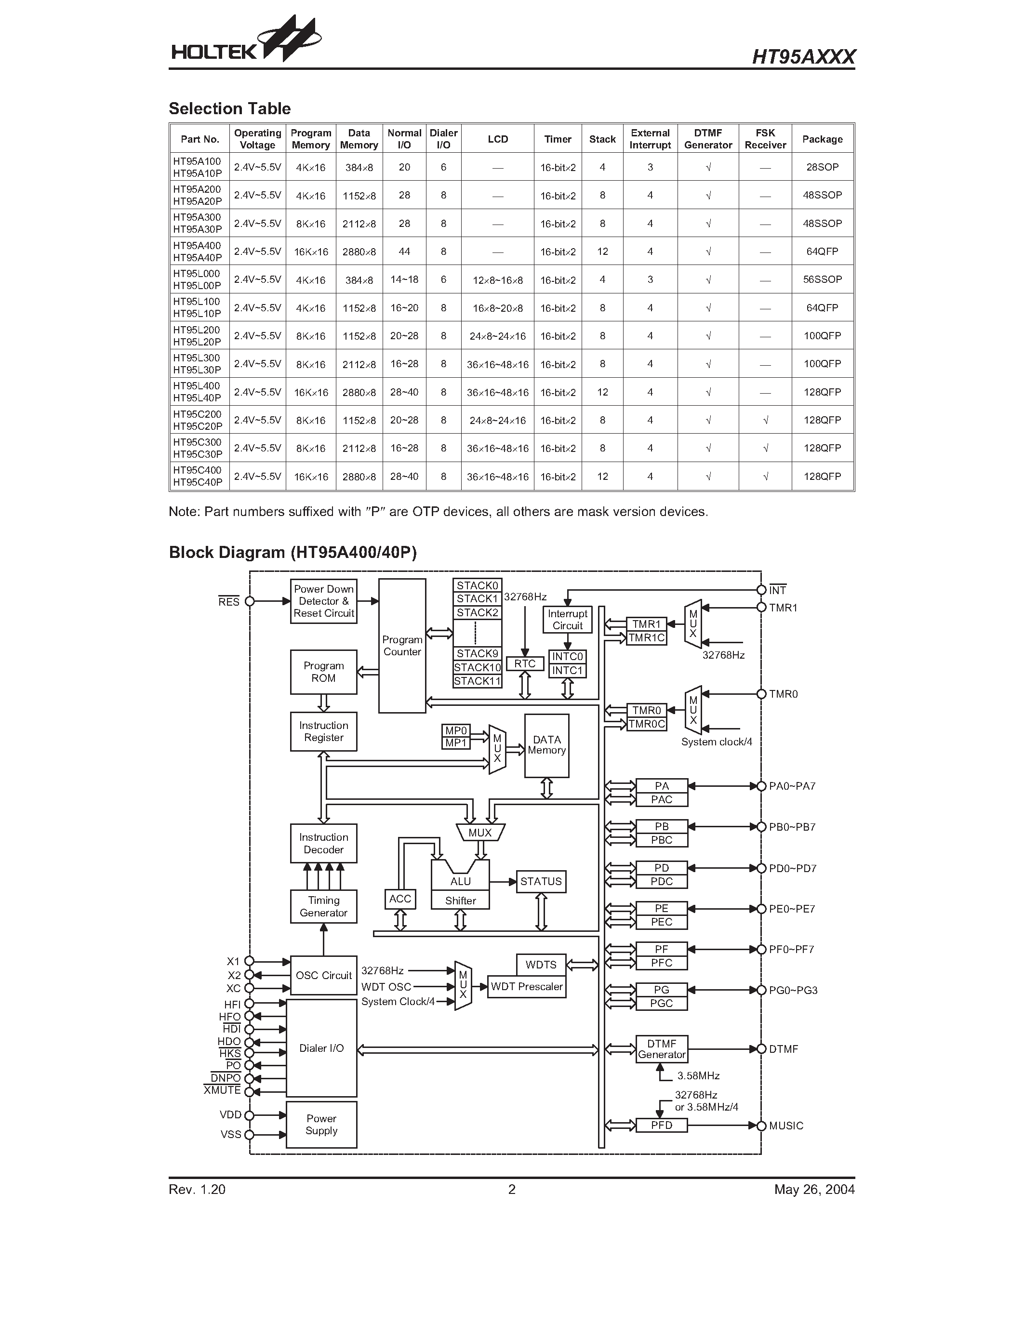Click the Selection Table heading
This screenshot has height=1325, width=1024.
[x=229, y=108]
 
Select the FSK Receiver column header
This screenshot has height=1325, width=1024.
[x=764, y=139]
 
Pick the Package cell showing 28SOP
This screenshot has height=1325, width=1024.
[x=822, y=167]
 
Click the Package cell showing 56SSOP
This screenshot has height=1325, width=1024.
[x=822, y=279]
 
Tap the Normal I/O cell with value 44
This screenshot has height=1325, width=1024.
[x=404, y=251]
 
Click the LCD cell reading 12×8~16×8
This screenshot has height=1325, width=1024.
[x=497, y=280]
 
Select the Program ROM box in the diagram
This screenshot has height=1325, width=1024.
[x=323, y=672]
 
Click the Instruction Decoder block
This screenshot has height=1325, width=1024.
[x=323, y=843]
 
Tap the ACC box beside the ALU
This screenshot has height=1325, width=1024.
[x=400, y=899]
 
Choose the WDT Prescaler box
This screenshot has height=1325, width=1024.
[x=527, y=986]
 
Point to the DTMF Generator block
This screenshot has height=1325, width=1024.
[x=661, y=1049]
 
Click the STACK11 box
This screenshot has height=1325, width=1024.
[x=478, y=681]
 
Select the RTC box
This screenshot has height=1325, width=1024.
[x=525, y=664]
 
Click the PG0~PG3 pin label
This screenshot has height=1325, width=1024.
[x=793, y=990]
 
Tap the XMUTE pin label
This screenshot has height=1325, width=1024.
[x=223, y=1090]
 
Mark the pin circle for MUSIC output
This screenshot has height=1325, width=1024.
[x=761, y=1126]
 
